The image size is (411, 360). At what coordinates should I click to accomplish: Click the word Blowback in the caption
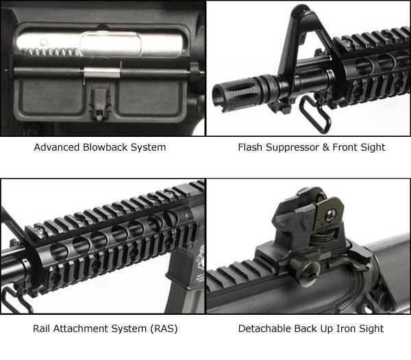point(105,147)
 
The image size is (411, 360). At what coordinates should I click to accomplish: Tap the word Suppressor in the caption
point(292,147)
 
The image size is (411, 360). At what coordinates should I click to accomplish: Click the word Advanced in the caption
point(57,147)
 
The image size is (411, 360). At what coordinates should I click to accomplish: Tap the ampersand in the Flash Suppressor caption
point(326,147)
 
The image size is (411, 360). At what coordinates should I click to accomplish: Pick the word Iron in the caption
point(346,329)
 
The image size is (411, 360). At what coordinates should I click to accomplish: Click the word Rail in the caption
point(41,329)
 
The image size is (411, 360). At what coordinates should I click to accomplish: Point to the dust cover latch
point(99,103)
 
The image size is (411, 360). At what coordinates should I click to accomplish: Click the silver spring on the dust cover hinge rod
point(102,73)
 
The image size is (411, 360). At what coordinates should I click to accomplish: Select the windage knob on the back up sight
point(304,270)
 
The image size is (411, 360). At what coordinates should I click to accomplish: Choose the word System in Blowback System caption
point(149,147)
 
